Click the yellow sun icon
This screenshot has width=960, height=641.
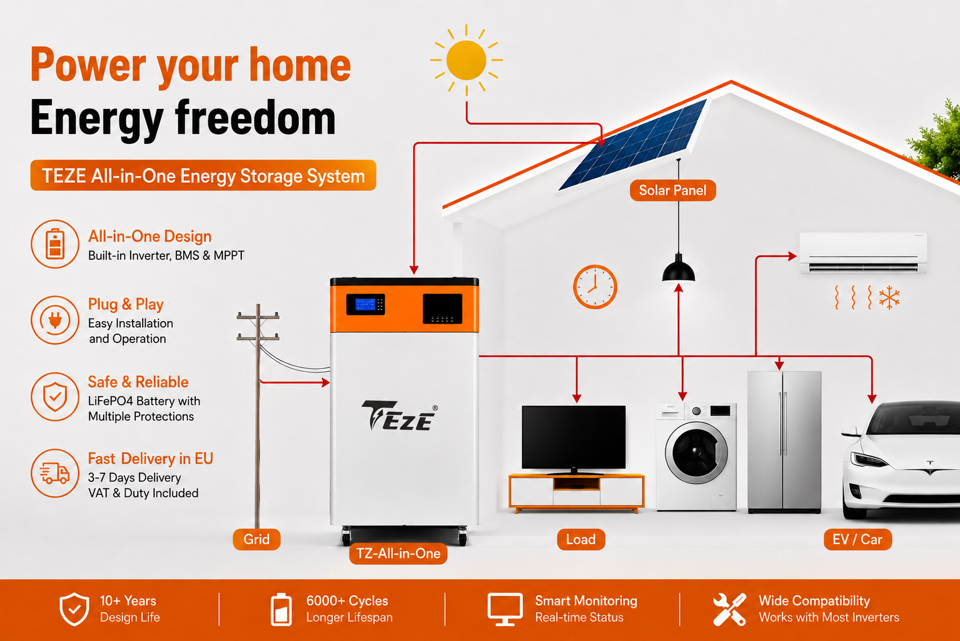[x=467, y=60]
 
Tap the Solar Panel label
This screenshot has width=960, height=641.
[x=672, y=190]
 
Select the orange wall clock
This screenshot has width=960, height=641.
[x=595, y=287]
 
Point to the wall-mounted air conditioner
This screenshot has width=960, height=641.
[x=863, y=253]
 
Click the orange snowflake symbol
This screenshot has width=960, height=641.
[x=889, y=297]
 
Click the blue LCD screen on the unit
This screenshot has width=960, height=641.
[x=365, y=305]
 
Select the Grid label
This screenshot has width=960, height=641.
[x=256, y=540]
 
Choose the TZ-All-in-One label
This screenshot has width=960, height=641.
[x=398, y=553]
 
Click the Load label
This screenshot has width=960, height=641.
[x=581, y=540]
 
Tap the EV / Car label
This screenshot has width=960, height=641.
[x=857, y=540]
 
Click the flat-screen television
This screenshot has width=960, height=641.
[x=573, y=438]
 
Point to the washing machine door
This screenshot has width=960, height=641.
[x=697, y=453]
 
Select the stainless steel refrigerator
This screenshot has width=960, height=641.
[x=784, y=442]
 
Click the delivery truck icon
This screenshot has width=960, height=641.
[x=54, y=474]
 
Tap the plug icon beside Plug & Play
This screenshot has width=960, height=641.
[x=55, y=320]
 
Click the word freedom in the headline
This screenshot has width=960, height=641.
[x=255, y=118]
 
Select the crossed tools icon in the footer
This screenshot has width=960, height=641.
[x=729, y=609]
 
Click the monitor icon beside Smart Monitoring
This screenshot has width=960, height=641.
[x=505, y=609]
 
